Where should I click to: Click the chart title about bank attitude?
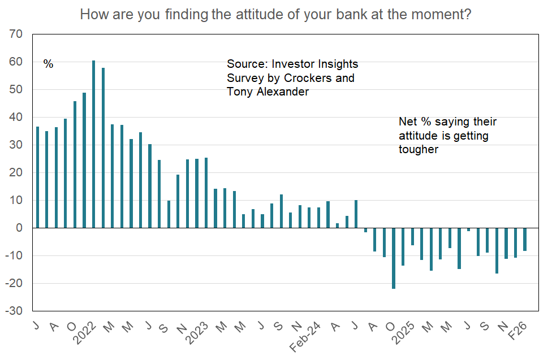pos(276,14)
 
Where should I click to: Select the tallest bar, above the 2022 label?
pos(94,144)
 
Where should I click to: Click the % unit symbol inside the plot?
pos(49,64)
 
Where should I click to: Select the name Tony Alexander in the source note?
pos(268,91)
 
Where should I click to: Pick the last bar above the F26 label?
pos(525,240)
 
